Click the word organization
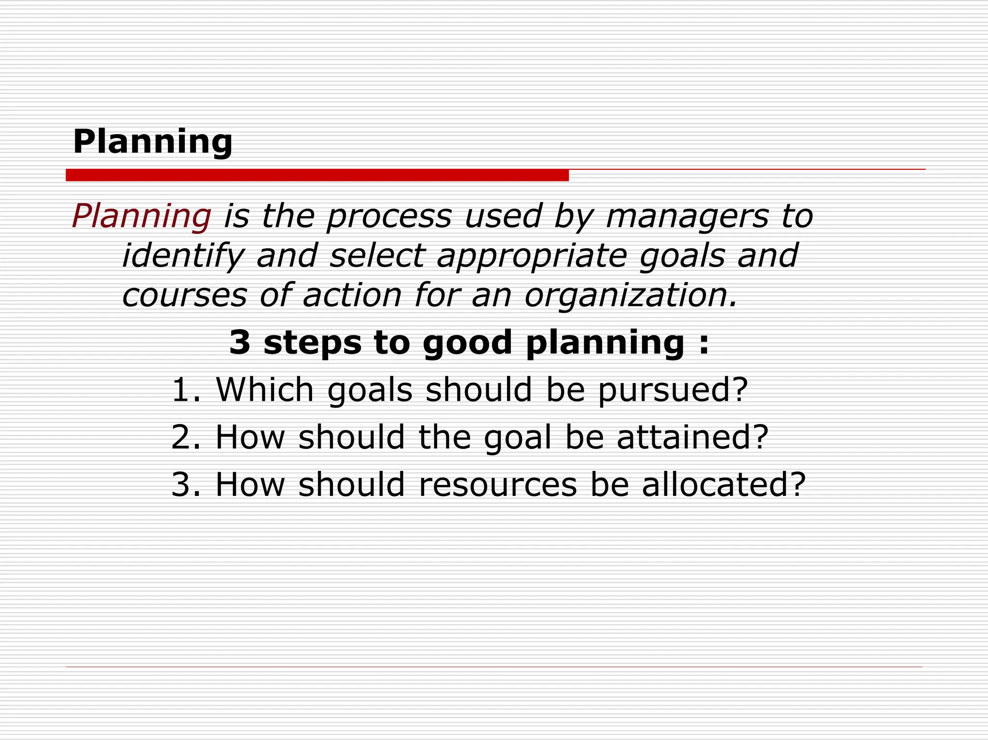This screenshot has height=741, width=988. click(x=631, y=295)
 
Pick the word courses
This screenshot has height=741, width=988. click(x=184, y=295)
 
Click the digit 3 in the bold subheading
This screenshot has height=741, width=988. click(x=240, y=343)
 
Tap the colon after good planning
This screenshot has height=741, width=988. click(x=704, y=343)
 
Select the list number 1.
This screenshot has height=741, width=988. click(x=182, y=389)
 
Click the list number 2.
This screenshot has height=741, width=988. click(x=182, y=437)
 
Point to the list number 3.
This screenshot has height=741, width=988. click(x=182, y=484)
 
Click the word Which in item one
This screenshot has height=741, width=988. click(x=265, y=389)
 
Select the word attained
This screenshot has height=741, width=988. click(x=692, y=437)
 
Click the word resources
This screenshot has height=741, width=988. click(x=497, y=485)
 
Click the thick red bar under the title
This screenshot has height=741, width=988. click(x=317, y=175)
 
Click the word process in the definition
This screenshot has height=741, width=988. click(x=389, y=217)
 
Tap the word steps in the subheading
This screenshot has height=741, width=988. click(x=312, y=343)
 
